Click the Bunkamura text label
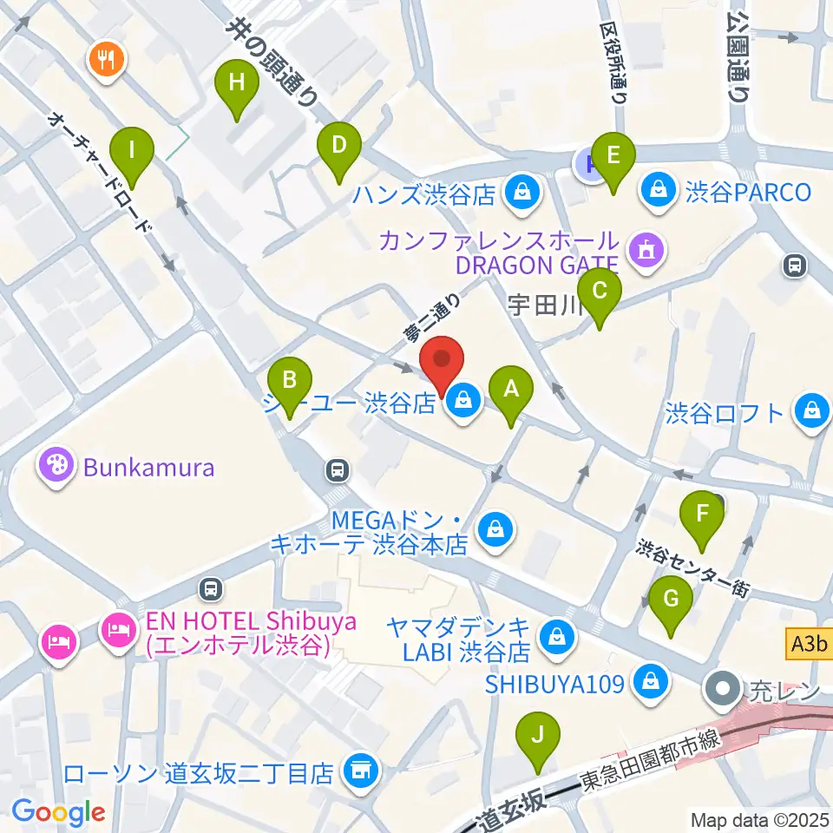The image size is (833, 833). point(148,469)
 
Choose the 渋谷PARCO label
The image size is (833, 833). point(747,191)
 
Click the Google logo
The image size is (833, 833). point(58,813)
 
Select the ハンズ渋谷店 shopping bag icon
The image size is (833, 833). point(522,193)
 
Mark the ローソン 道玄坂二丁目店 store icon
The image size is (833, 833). point(359,770)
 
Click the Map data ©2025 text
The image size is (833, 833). point(760,818)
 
